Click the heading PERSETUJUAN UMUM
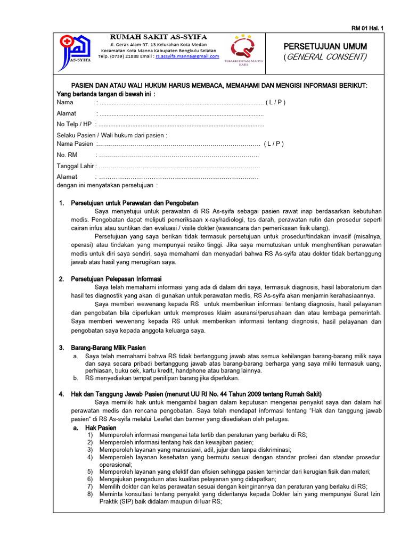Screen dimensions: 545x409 click(324, 47)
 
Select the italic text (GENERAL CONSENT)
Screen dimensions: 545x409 click(324, 57)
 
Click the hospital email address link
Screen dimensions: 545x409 click(187, 56)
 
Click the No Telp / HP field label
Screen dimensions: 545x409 click(74, 124)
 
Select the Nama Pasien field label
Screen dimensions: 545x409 click(75, 144)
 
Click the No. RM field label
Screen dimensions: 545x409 click(67, 155)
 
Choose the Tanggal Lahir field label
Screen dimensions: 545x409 click(75, 166)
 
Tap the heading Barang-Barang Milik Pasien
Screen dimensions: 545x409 click(108, 348)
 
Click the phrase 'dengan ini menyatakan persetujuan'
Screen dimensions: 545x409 click(107, 185)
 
